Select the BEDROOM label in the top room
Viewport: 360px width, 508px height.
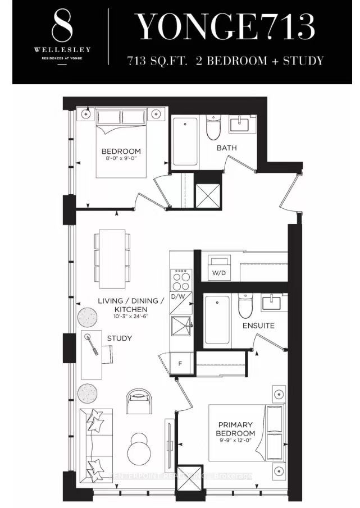point(121,152)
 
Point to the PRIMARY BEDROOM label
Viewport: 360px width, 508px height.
point(235,429)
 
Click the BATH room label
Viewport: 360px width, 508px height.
point(227,148)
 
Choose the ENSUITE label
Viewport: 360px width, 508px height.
point(258,325)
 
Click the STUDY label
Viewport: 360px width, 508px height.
point(119,338)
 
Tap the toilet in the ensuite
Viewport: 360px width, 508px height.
point(245,306)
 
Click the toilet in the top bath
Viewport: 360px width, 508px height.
point(213,129)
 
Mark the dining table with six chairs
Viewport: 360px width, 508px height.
point(112,258)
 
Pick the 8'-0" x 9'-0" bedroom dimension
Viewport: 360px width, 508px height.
point(121,159)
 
